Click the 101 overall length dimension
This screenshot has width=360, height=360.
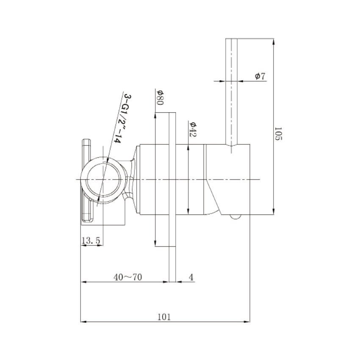pos(164,316)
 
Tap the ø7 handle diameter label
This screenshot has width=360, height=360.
pos(260,76)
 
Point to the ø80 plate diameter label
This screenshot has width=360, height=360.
pos(160,97)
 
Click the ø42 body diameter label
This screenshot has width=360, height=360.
pos(193,130)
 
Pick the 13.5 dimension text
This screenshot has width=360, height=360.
pos(91,241)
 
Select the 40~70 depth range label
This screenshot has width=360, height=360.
pos(127,277)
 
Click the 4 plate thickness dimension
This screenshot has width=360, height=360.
pos(191,277)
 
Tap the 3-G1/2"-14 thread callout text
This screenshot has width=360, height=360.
pos(121,119)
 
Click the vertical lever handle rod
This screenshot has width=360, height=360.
pos(233,93)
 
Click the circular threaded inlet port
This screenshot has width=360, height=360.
pos(103,179)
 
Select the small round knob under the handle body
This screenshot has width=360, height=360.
pos(235,216)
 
